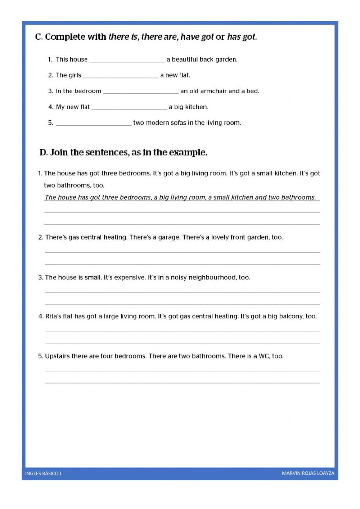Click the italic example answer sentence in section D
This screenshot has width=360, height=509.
coord(180,197)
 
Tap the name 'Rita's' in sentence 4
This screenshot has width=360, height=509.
coord(53,316)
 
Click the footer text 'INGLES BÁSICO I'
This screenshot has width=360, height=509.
coord(43,473)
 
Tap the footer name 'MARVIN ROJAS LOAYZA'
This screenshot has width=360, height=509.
coord(308,473)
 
